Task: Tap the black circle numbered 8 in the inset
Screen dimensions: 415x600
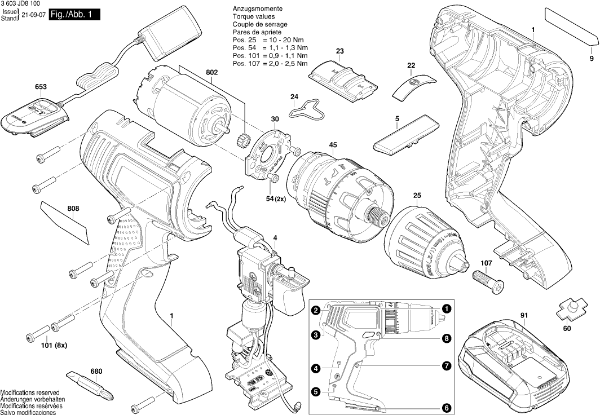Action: click(x=446, y=338)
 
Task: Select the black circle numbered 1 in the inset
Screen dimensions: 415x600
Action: click(x=446, y=308)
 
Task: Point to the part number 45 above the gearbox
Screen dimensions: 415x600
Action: click(x=333, y=145)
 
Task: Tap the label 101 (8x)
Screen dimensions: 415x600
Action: click(x=54, y=345)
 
